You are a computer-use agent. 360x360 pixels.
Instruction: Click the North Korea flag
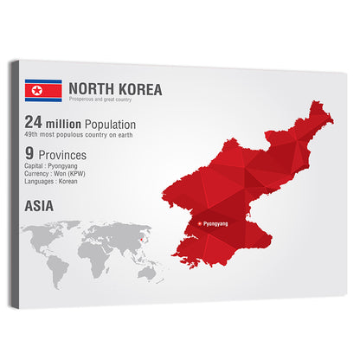point(43,91)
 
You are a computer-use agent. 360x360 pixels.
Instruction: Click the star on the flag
point(36,91)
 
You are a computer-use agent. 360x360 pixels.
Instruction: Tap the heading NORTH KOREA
point(114,88)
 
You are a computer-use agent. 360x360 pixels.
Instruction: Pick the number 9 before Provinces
point(29,157)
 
